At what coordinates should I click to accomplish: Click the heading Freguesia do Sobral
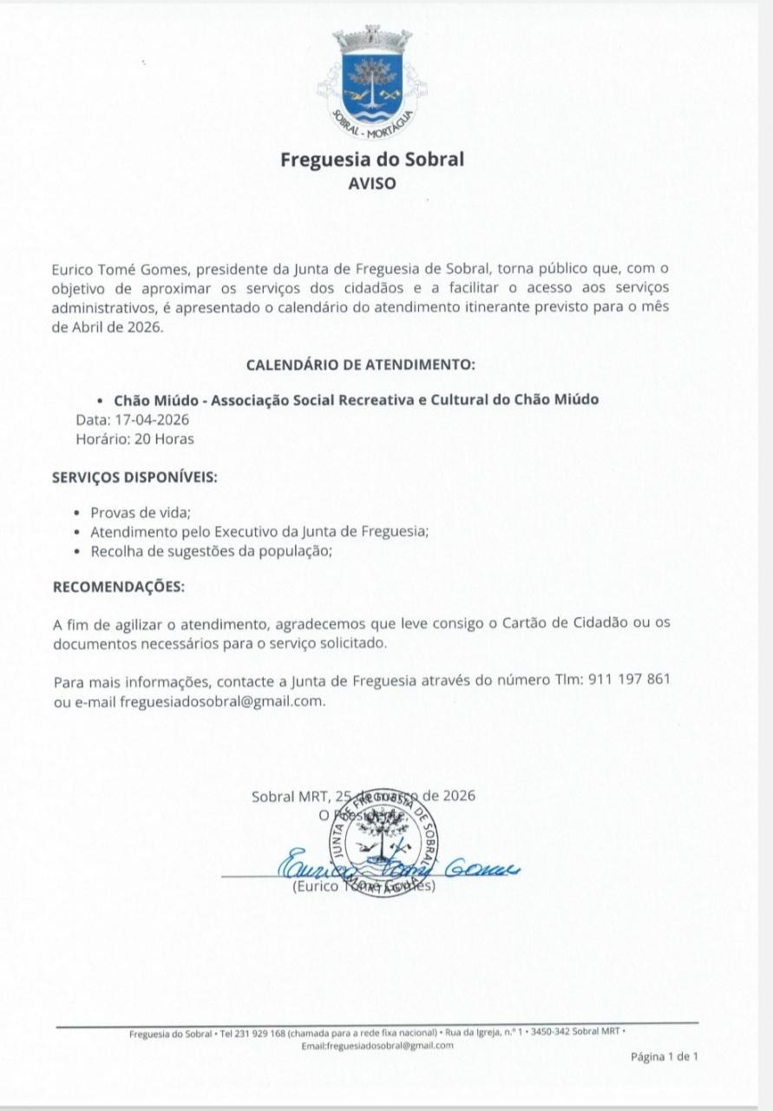tap(372, 160)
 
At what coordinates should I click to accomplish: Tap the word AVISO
tap(371, 184)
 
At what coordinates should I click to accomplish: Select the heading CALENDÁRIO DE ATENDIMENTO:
tap(361, 365)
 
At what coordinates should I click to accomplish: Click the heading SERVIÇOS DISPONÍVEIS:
tap(134, 478)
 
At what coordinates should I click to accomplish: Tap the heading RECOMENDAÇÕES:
tap(119, 587)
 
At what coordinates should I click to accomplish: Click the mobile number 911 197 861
tap(628, 679)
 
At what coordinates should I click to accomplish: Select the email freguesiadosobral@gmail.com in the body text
tap(222, 700)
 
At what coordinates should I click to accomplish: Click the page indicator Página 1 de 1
tap(664, 1056)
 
